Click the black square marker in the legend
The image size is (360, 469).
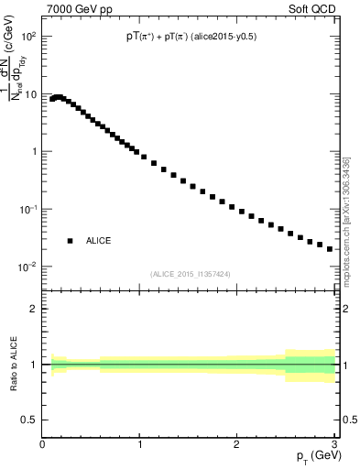click(x=70, y=241)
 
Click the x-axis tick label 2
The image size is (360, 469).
click(x=236, y=444)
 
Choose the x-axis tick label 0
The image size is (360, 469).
click(x=43, y=444)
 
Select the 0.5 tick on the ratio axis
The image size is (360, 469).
click(x=30, y=420)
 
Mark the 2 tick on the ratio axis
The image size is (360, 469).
click(x=34, y=309)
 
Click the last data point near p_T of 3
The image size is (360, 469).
click(x=330, y=248)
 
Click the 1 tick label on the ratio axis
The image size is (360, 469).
click(x=34, y=365)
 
